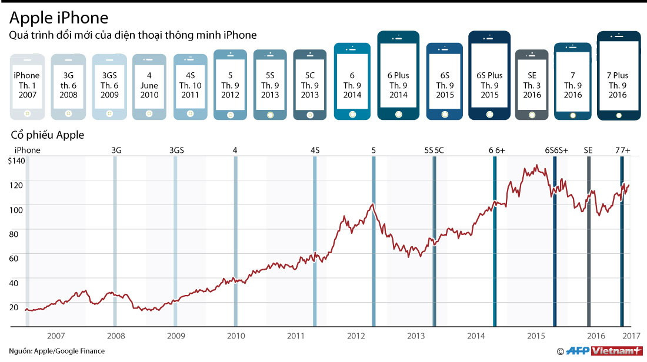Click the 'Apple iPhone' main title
(59, 16)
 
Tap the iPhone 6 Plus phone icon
(398, 75)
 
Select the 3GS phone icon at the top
(109, 86)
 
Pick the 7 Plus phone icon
(618, 75)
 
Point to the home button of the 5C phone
(309, 113)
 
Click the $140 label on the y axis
(16, 161)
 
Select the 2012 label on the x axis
(356, 336)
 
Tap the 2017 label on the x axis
(631, 336)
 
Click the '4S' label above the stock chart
(315, 150)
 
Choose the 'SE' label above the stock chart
(588, 150)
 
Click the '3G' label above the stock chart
(116, 150)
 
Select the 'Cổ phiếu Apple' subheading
(48, 135)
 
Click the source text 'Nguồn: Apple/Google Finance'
(57, 351)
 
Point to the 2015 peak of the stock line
(535, 166)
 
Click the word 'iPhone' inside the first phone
(26, 75)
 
